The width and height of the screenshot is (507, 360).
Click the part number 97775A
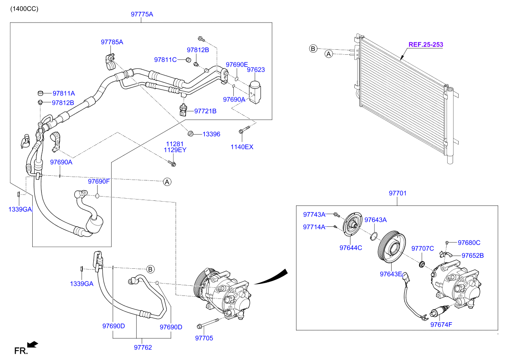(142, 14)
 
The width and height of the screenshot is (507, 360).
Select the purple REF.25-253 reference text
(426, 45)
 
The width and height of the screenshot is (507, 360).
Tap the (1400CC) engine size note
(24, 9)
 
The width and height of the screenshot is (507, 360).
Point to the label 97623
(256, 70)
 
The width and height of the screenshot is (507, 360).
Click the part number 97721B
(205, 111)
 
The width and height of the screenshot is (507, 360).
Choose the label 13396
(211, 134)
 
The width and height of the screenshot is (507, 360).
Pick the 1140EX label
(242, 147)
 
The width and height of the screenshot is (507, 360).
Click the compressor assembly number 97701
(398, 193)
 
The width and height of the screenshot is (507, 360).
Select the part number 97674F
(441, 324)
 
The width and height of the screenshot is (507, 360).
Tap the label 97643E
(391, 274)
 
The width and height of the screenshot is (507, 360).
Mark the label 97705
(204, 338)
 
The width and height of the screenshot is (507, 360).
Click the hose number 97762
(143, 347)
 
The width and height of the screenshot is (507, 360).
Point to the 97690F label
(98, 181)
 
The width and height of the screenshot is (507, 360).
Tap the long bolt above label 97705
(207, 323)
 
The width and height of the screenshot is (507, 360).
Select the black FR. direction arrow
(33, 345)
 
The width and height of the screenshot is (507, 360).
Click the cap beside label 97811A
(40, 93)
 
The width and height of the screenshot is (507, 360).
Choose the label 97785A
(112, 42)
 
